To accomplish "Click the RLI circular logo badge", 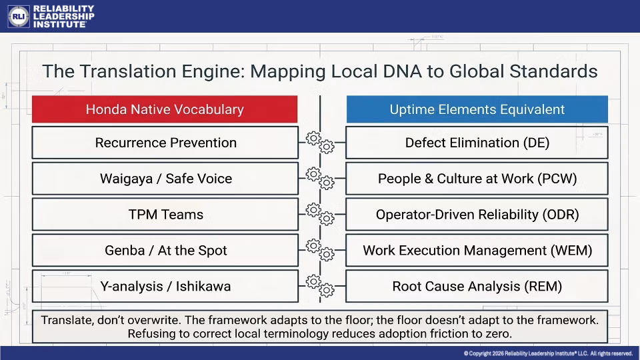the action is (19, 16).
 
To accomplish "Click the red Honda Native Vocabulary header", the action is (165, 109).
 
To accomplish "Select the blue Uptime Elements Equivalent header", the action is (477, 109).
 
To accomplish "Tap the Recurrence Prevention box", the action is (165, 143).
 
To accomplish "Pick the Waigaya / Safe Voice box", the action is (165, 179).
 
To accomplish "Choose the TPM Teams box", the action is (165, 214).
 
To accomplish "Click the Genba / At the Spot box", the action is (165, 250).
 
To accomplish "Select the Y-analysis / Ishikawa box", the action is (165, 286).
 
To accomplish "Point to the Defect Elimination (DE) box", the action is (477, 143).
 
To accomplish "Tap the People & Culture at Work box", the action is (477, 179).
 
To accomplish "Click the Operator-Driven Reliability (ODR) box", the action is (477, 214).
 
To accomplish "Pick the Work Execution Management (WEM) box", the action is (477, 250).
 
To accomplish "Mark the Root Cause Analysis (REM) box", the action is (477, 286).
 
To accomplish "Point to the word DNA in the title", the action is (402, 71).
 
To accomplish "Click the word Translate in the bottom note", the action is (67, 320).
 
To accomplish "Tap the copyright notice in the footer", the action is (548, 353).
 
